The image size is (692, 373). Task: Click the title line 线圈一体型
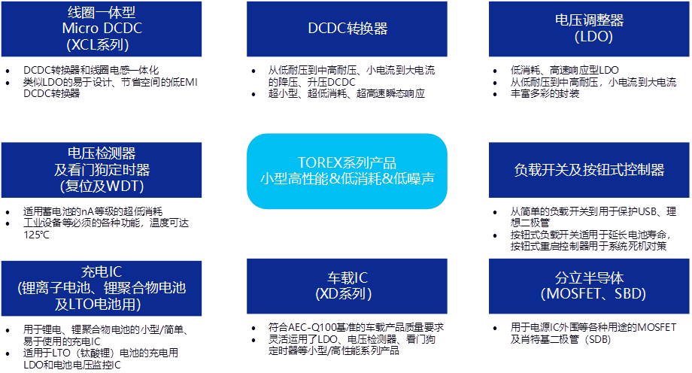[x=102, y=13]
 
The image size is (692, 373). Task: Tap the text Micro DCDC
[x=102, y=29]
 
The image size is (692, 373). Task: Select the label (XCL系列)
[x=102, y=44]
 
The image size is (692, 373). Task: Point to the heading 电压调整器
[x=590, y=20]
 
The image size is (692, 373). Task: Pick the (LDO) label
[x=590, y=37]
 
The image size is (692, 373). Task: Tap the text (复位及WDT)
[x=102, y=186]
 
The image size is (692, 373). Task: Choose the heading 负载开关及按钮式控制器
[x=590, y=170]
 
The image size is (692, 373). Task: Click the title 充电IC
[x=102, y=271]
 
